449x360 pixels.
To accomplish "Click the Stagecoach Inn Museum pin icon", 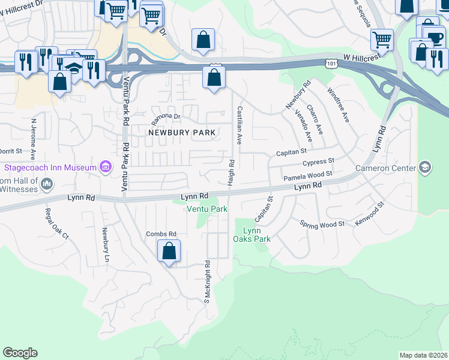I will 106,166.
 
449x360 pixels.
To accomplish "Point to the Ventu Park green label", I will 207,209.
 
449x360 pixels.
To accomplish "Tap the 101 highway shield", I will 332,62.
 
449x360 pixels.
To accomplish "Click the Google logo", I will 20,353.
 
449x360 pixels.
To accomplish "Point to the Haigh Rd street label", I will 231,172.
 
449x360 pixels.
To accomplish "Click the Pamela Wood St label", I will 307,176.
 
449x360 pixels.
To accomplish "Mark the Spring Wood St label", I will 322,223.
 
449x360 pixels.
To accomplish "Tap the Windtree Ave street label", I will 338,105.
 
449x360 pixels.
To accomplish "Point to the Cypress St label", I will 318,162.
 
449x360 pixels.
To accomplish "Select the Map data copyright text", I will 423,355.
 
